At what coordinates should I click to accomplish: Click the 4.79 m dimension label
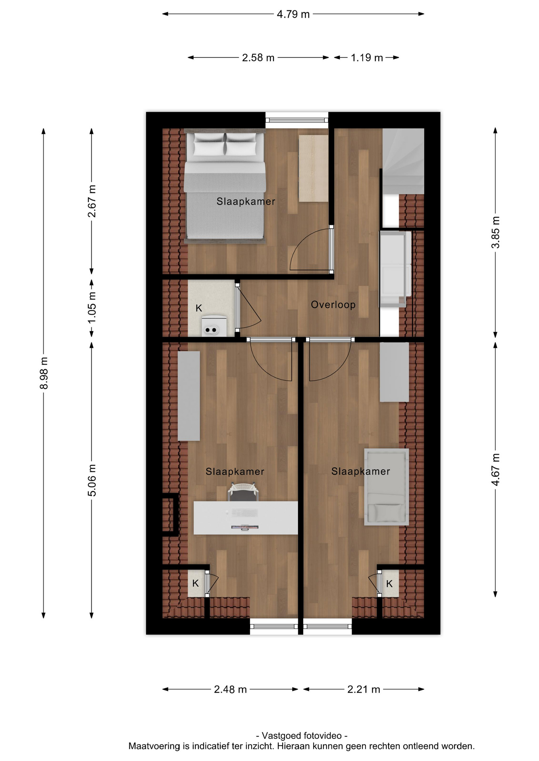click(293, 14)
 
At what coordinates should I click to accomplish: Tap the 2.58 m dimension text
click(258, 58)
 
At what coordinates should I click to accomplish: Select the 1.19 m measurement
click(366, 58)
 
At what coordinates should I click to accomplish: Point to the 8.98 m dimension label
click(44, 373)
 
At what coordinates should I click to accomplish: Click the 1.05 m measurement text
click(92, 307)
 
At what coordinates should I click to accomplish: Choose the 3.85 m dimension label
click(495, 232)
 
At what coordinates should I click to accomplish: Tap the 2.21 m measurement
click(364, 689)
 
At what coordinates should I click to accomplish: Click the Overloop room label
click(333, 305)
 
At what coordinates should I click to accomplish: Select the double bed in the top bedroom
click(225, 186)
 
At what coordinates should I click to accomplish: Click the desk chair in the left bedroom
click(243, 492)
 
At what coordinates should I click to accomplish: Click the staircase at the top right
click(403, 161)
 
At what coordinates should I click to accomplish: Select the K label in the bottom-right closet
click(389, 583)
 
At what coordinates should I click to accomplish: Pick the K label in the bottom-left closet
click(195, 583)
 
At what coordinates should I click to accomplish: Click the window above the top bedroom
click(296, 120)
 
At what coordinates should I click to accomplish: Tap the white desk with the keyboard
click(245, 518)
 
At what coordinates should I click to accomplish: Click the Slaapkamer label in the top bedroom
click(246, 201)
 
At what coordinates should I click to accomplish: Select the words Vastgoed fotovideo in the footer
click(302, 736)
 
